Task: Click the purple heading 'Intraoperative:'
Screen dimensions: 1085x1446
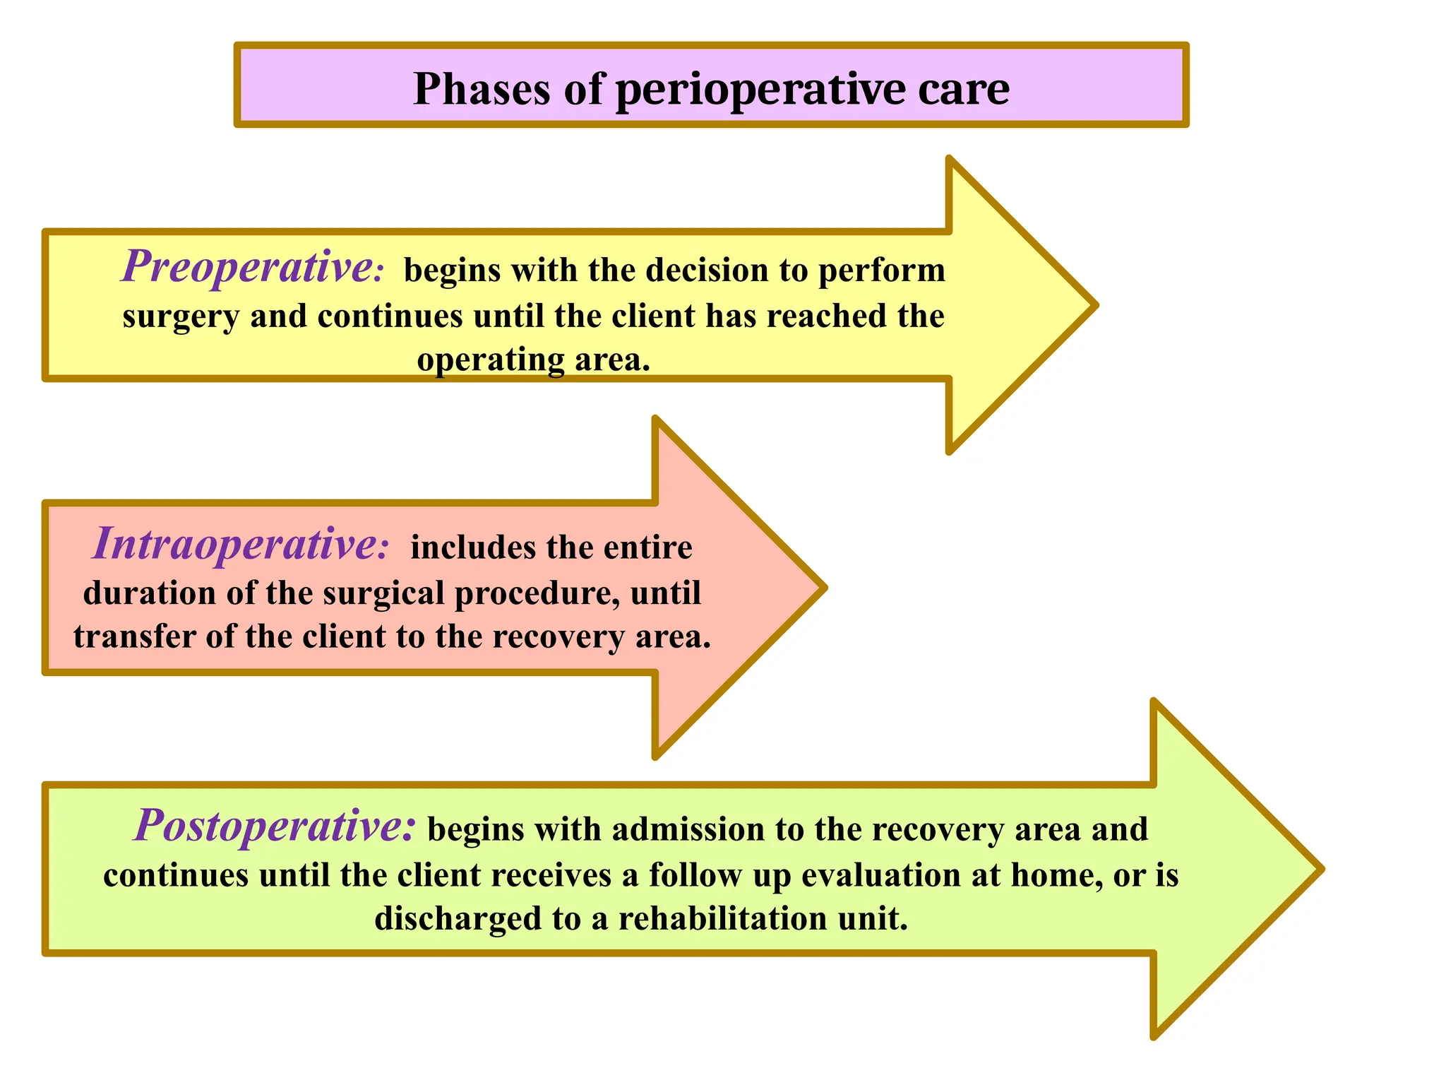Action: [x=240, y=545]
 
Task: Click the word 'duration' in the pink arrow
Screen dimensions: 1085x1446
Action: [x=149, y=593]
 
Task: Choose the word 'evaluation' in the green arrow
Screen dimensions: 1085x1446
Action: [x=881, y=875]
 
